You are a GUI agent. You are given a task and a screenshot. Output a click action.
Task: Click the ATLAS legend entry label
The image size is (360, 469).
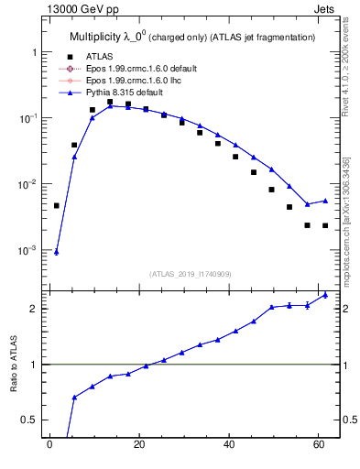pyautogui.click(x=101, y=57)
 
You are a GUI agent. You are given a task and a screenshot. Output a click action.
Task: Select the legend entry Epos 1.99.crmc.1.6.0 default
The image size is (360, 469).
pyautogui.click(x=138, y=69)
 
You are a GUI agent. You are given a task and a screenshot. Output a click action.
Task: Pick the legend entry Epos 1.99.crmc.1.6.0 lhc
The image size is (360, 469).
pyautogui.click(x=134, y=81)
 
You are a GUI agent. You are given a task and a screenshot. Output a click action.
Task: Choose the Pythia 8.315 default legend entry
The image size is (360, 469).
pyautogui.click(x=125, y=93)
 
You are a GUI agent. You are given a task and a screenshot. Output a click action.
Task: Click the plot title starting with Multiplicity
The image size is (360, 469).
pyautogui.click(x=192, y=37)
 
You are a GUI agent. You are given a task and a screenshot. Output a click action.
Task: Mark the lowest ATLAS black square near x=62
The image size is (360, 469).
pyautogui.click(x=325, y=225)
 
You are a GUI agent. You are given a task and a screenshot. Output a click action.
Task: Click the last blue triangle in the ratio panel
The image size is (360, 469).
pyautogui.click(x=325, y=295)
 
